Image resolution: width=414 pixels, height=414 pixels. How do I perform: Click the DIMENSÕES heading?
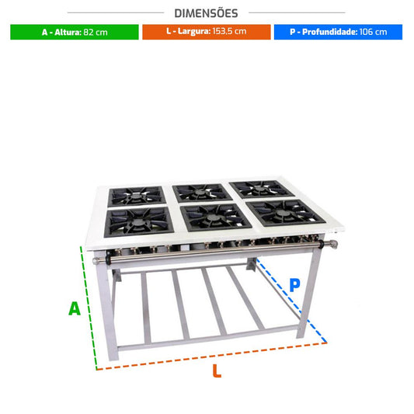pyautogui.click(x=206, y=13)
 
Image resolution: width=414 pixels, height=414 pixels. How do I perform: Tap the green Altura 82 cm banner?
pyautogui.click(x=75, y=32)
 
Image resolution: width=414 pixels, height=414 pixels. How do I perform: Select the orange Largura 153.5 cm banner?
pyautogui.click(x=207, y=32)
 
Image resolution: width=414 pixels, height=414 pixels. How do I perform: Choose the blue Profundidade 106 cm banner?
pyautogui.click(x=338, y=32)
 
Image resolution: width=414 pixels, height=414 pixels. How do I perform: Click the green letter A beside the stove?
pyautogui.click(x=75, y=308)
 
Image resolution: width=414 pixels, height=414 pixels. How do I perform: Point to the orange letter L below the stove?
pyautogui.click(x=217, y=371)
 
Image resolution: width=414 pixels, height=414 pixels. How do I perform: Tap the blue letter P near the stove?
pyautogui.click(x=294, y=285)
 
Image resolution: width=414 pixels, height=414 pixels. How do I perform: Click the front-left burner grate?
pyautogui.click(x=138, y=221)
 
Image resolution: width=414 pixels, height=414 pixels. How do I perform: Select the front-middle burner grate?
pyautogui.click(x=215, y=217)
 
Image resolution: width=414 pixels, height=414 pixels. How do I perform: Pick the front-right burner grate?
pyautogui.click(x=286, y=213)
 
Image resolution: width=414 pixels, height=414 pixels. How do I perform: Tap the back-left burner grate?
pyautogui.click(x=137, y=197)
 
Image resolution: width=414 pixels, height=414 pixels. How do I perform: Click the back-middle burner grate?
pyautogui.click(x=202, y=193)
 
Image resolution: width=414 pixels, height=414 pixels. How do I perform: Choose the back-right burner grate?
pyautogui.click(x=262, y=189)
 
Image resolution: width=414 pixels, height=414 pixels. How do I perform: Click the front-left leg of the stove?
pyautogui.click(x=106, y=306)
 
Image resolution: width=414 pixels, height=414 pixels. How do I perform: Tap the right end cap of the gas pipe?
pyautogui.click(x=333, y=244)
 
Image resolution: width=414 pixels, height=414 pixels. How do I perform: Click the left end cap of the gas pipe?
pyautogui.click(x=96, y=261)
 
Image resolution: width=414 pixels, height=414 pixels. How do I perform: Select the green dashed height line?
pyautogui.click(x=89, y=308)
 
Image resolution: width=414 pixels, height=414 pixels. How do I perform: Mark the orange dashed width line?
pyautogui.click(x=212, y=356)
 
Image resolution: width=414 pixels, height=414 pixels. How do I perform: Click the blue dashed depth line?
pyautogui.click(x=292, y=301)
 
